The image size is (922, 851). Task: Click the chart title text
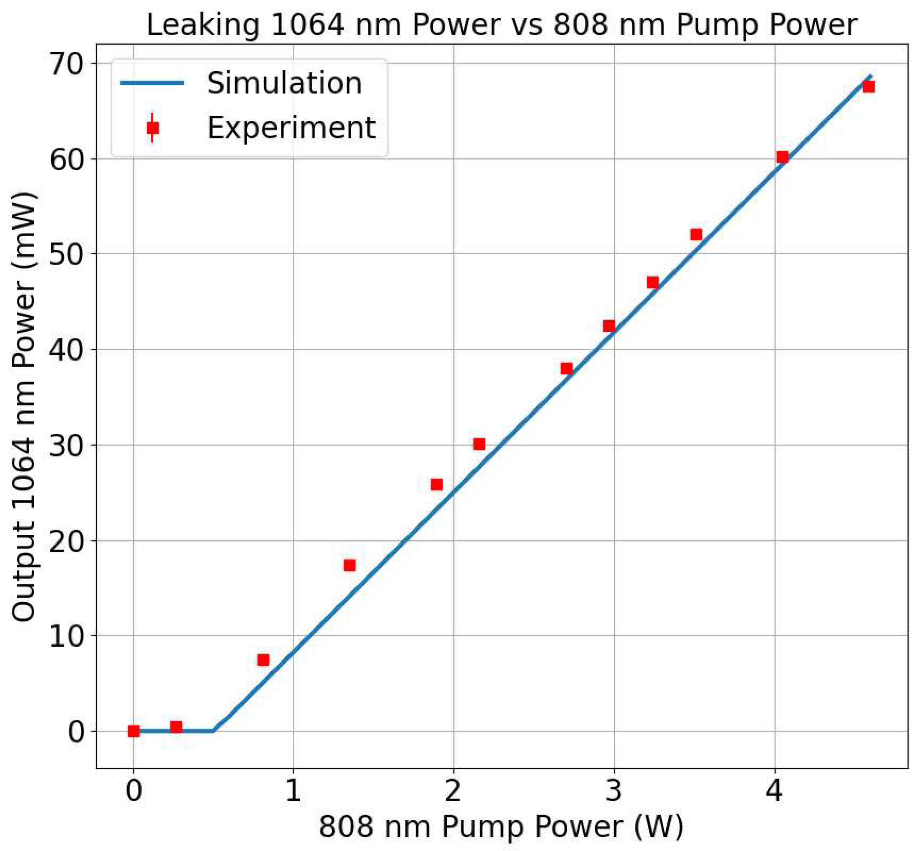[502, 25]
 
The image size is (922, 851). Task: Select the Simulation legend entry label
[284, 83]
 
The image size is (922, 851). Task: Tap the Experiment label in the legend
[291, 128]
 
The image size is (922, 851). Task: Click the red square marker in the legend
[152, 128]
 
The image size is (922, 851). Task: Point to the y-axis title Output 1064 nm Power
[24, 406]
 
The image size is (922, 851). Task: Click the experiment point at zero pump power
[133, 731]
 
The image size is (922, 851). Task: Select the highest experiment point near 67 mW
[868, 87]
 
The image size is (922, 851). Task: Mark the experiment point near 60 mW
[782, 157]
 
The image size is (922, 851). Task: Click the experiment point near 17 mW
[349, 565]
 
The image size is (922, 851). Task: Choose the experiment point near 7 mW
[263, 660]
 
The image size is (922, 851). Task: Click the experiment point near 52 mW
[696, 234]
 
